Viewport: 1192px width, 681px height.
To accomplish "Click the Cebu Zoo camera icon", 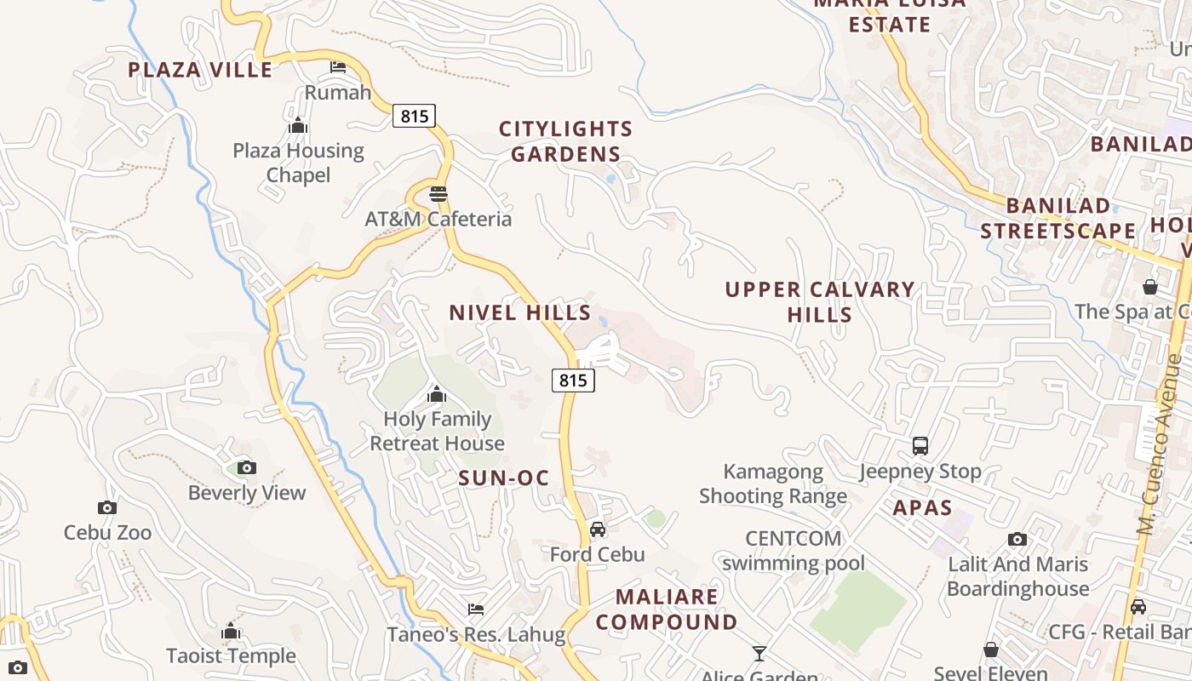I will coord(107,508).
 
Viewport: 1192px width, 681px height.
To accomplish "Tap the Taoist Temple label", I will coord(232,656).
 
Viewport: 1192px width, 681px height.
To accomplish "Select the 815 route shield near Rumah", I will coord(414,116).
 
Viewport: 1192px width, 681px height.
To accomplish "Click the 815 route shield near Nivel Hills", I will coord(573,381).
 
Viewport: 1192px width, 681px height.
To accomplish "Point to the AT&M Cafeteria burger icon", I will coord(438,194).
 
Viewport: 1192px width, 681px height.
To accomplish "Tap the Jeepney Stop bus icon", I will coord(920,446).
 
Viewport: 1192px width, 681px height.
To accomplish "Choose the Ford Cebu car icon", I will coord(598,529).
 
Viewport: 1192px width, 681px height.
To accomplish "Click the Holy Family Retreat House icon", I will coord(437,394).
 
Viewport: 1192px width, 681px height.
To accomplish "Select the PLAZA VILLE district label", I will coord(200,70).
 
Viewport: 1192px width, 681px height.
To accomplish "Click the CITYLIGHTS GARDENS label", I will coord(566,141).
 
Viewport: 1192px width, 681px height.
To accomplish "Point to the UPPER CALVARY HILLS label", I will coord(820,302).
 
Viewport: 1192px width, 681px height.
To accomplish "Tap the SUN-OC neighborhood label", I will coord(504,478).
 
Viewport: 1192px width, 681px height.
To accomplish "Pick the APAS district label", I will coord(922,509).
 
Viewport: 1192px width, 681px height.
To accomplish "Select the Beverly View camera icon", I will coord(247,467).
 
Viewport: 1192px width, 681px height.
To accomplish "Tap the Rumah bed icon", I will coord(338,67).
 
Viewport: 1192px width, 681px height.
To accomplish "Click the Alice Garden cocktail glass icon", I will coord(759,654).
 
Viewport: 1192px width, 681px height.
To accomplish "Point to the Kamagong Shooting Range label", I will coord(773,484).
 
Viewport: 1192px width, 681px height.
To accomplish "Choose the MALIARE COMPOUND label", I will coord(667,609).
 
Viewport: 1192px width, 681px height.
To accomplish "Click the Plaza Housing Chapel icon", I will coord(298,126).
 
